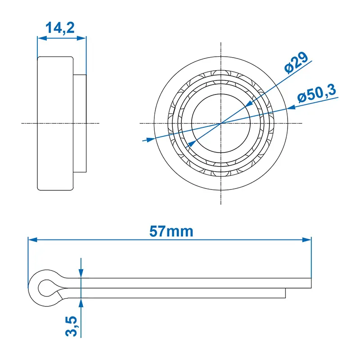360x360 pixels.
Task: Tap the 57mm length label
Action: (171, 232)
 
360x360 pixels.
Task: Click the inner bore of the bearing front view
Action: (220, 123)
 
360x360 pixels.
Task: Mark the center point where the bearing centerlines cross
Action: (220, 123)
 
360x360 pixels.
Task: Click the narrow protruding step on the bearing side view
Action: (79, 123)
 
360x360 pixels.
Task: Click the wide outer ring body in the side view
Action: (55, 123)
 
